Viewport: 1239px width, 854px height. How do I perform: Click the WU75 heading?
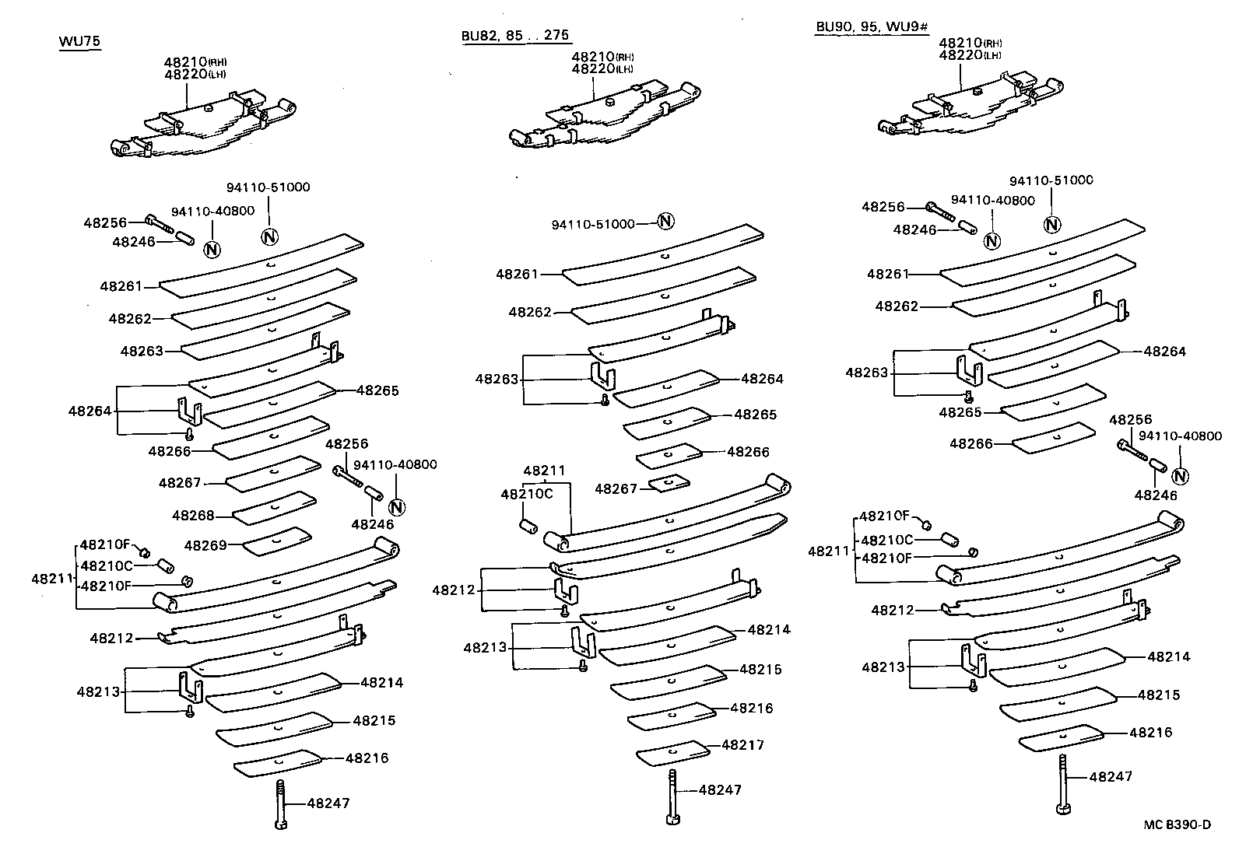(x=79, y=41)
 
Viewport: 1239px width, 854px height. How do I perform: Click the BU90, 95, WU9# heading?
(x=872, y=27)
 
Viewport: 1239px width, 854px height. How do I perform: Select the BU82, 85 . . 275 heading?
(x=515, y=35)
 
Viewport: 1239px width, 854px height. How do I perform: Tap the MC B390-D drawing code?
(x=1178, y=825)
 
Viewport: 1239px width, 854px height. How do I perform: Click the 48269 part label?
(x=205, y=545)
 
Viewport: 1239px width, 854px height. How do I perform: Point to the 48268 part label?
(x=193, y=516)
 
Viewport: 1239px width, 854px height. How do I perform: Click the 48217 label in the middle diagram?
(x=742, y=744)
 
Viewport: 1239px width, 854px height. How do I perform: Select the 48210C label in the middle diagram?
(x=526, y=494)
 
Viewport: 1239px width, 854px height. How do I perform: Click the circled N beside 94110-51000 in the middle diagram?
(x=665, y=222)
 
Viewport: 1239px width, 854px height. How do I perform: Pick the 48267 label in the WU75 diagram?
(x=180, y=483)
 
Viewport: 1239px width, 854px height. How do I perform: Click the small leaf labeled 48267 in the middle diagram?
(x=669, y=483)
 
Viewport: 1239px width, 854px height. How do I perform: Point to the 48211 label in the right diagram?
(x=828, y=551)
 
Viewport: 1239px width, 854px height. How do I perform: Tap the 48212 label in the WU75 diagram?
(x=111, y=639)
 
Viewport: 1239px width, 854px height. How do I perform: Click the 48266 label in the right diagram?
(x=971, y=443)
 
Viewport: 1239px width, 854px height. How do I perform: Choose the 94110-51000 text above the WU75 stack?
(x=268, y=187)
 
